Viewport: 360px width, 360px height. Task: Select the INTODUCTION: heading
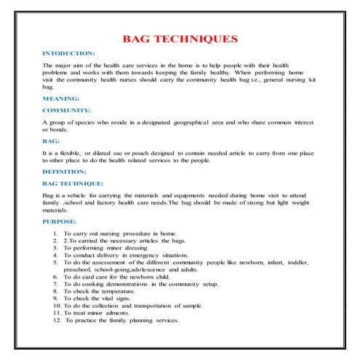pyautogui.click(x=69, y=55)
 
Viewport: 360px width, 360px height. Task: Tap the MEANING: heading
pyautogui.click(x=61, y=97)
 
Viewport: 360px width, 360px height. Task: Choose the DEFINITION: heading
pyautogui.click(x=65, y=172)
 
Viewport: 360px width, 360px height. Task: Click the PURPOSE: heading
pyautogui.click(x=60, y=221)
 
